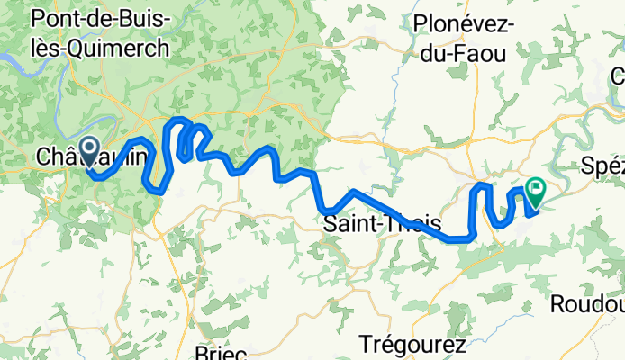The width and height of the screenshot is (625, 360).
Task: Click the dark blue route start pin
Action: pos(90,150)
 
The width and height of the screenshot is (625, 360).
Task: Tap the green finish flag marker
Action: pos(537,190)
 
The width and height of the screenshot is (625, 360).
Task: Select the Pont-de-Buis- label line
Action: pos(99,17)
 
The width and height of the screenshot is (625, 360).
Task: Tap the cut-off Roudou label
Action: pos(586,304)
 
